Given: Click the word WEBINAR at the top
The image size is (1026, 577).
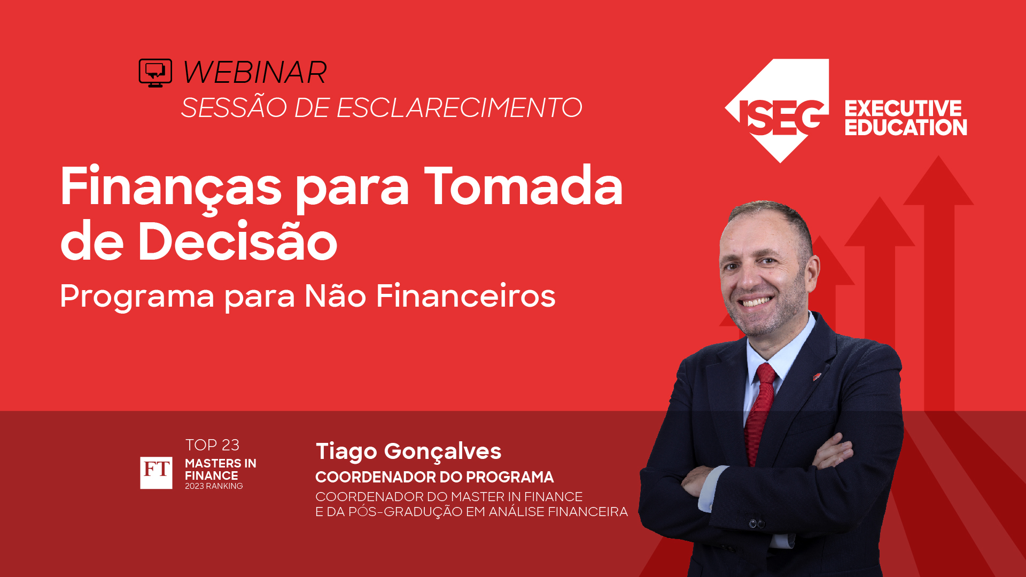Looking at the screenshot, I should tap(254, 73).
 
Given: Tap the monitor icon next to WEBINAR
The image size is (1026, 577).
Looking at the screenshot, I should tap(155, 73).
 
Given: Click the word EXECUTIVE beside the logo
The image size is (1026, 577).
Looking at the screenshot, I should tap(903, 108).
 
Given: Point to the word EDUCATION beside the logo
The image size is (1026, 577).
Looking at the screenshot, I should tap(905, 128).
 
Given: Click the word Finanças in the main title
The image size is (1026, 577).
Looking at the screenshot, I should tap(170, 187).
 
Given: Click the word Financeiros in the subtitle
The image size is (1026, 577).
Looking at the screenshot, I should tap(465, 296).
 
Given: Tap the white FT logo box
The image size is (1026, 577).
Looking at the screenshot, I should tap(156, 473).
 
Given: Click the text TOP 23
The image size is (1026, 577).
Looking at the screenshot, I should tap(212, 445).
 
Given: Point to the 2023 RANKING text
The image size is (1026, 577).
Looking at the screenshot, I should tap(214, 486).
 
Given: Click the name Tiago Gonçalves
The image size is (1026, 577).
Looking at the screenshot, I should tap(408, 451).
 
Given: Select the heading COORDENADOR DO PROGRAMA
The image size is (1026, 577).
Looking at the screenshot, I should tap(434, 477).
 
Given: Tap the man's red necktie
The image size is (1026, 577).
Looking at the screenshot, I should tap(761, 411).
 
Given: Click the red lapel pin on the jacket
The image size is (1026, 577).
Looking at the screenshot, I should tap(817, 377).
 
